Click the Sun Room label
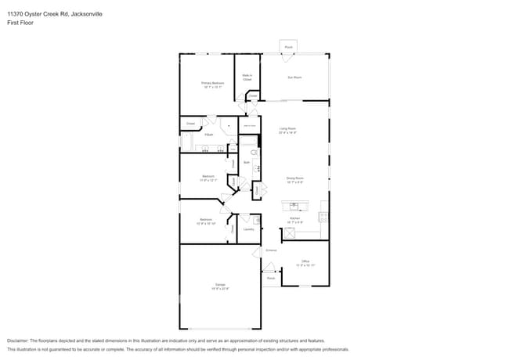pyautogui.click(x=294, y=77)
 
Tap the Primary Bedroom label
pyautogui.click(x=212, y=82)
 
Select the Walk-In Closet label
pyautogui.click(x=247, y=77)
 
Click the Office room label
pyautogui.click(x=305, y=261)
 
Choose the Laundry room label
pyautogui.click(x=248, y=229)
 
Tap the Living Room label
pyautogui.click(x=287, y=128)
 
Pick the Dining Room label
pyautogui.click(x=294, y=178)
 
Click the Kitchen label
pyautogui.click(x=294, y=218)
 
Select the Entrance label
pyautogui.click(x=271, y=250)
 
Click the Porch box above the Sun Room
pyautogui.click(x=288, y=47)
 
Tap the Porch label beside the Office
pyautogui.click(x=271, y=278)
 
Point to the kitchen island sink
pyautogui.click(x=294, y=206)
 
